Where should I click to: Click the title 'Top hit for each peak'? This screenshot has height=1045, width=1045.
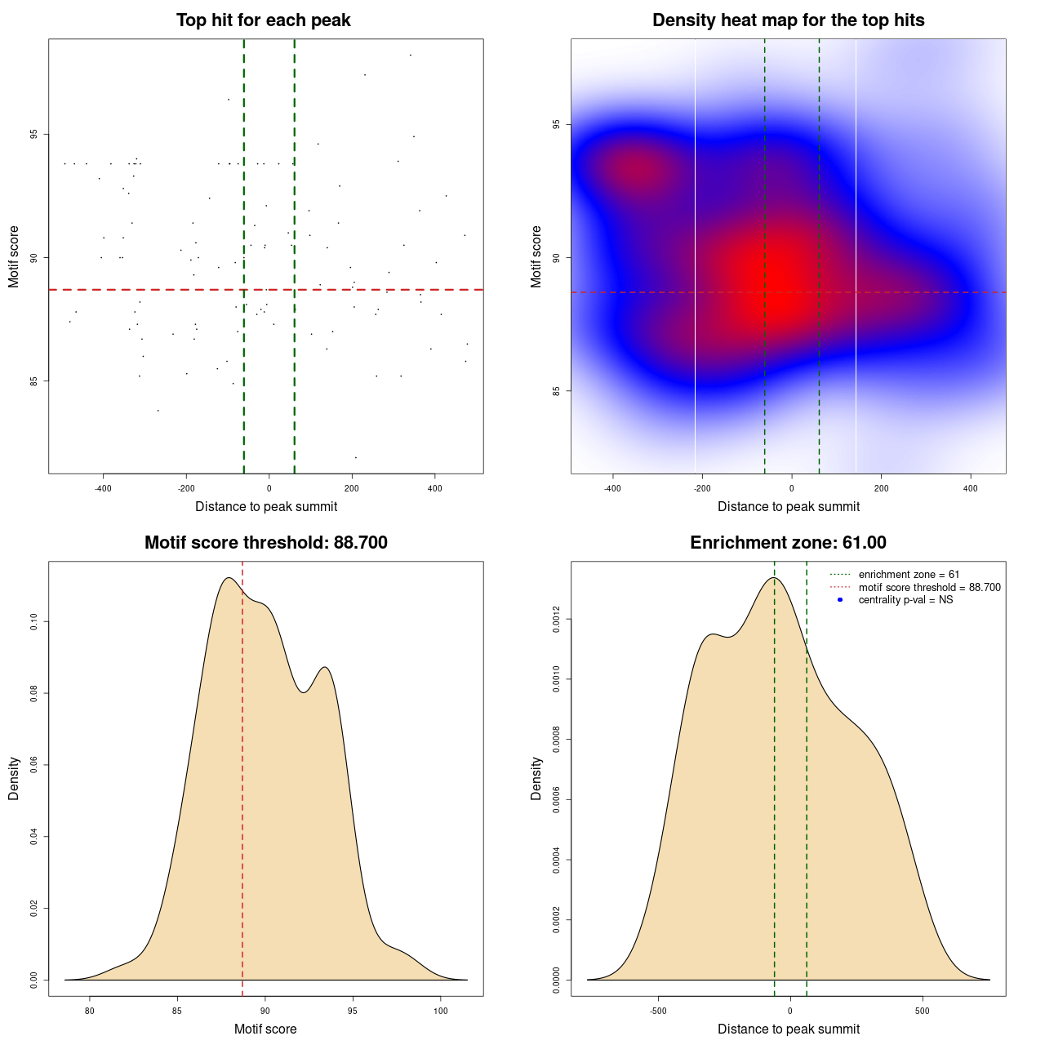pyautogui.click(x=263, y=20)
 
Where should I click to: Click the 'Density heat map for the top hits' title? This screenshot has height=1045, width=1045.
pyautogui.click(x=788, y=20)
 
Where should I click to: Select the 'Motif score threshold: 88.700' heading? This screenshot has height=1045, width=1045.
pyautogui.click(x=265, y=543)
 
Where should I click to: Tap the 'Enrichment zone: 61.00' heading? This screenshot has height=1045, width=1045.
pyautogui.click(x=788, y=543)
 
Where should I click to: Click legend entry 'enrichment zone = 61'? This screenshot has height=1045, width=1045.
pyautogui.click(x=909, y=575)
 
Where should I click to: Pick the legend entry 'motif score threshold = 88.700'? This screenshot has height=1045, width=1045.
pyautogui.click(x=929, y=588)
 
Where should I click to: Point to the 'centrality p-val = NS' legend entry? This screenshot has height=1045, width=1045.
pyautogui.click(x=905, y=600)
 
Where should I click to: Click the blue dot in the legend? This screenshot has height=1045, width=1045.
pyautogui.click(x=840, y=600)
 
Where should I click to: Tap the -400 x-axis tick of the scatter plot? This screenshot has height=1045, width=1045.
pyautogui.click(x=103, y=488)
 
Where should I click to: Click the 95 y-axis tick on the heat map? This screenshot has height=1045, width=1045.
pyautogui.click(x=555, y=124)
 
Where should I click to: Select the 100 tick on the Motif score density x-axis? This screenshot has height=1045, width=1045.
pyautogui.click(x=441, y=1011)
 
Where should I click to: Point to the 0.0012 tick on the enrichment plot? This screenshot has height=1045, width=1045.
pyautogui.click(x=555, y=620)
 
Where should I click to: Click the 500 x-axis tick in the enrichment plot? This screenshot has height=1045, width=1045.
pyautogui.click(x=923, y=1011)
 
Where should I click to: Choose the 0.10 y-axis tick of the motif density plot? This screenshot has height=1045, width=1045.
pyautogui.click(x=33, y=622)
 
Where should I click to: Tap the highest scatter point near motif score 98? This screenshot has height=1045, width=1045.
pyautogui.click(x=411, y=56)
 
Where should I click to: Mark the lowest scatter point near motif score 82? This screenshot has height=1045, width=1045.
pyautogui.click(x=355, y=457)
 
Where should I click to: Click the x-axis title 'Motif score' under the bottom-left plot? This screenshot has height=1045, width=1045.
pyautogui.click(x=265, y=1029)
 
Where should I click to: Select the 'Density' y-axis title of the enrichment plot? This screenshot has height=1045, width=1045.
pyautogui.click(x=536, y=778)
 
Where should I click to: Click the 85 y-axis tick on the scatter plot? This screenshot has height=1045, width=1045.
pyautogui.click(x=33, y=380)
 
